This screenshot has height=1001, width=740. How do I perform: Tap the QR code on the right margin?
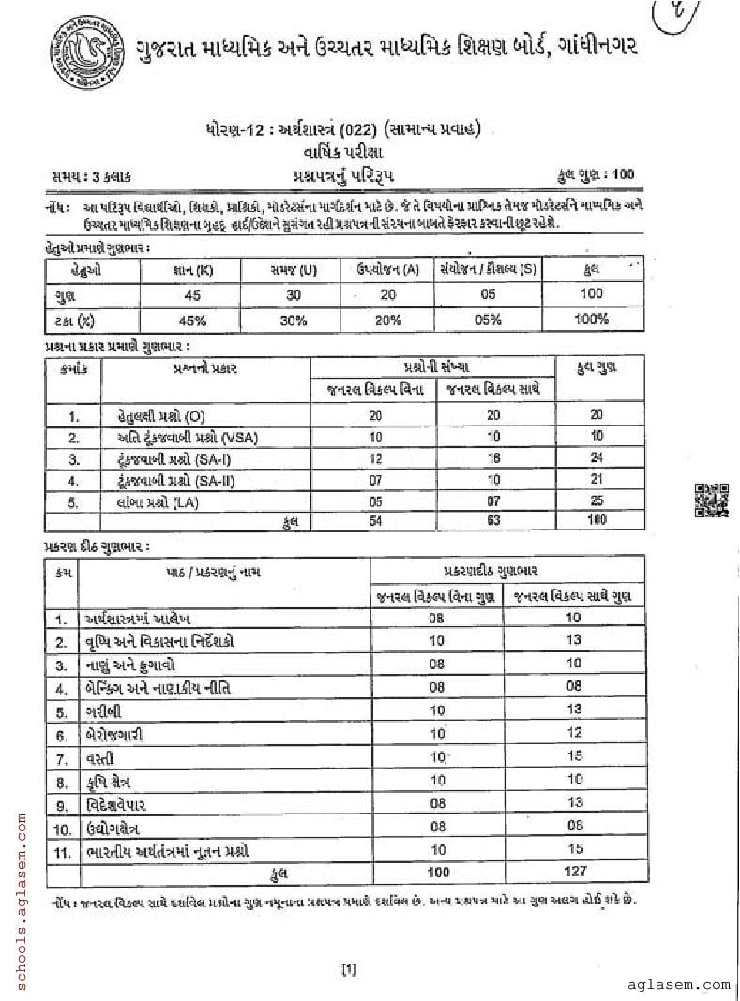[x=710, y=499]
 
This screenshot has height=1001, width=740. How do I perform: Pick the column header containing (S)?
[x=488, y=270]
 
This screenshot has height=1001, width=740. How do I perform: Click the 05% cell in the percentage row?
[x=488, y=320]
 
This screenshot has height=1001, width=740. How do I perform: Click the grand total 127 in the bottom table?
[x=575, y=872]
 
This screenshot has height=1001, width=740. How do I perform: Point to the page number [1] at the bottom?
[x=347, y=970]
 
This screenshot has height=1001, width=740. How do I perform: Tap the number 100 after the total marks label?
[x=621, y=173]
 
